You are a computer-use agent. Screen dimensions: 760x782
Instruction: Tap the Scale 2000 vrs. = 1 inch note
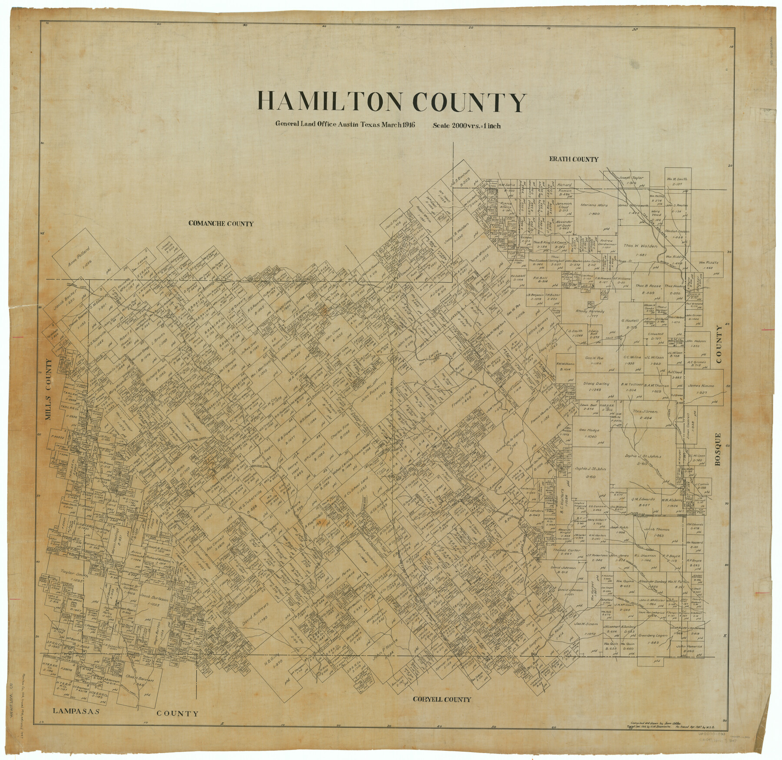click(466, 126)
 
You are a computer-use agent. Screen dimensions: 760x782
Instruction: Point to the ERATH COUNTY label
click(573, 160)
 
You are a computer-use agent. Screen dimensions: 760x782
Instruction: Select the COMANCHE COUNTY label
click(221, 223)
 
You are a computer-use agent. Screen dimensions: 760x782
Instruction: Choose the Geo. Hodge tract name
click(589, 430)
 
